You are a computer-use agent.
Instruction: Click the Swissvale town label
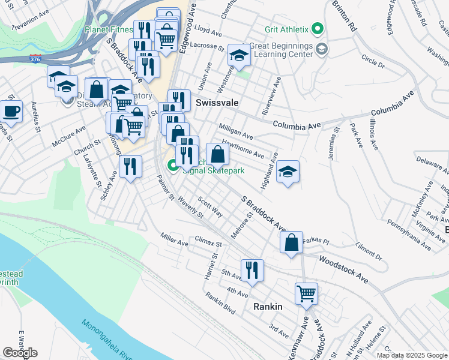pos(217,103)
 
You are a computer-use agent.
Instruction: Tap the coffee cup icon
pos(11,111)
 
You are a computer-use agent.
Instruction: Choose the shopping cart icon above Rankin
pos(306,294)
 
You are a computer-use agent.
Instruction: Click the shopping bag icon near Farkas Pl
pos(291,243)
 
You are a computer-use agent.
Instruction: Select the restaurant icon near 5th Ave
pos(252,270)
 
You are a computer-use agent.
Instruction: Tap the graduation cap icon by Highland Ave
pos(288,172)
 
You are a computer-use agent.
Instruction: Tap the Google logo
pos(20,353)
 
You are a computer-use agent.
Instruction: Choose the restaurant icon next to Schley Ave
pos(130,166)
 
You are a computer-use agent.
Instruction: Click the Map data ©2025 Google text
pos(411,355)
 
